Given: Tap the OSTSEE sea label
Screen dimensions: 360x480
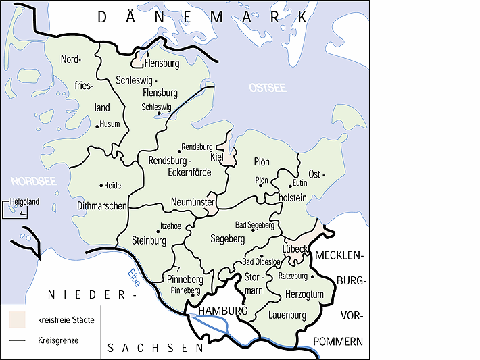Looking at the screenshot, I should pos(268,88).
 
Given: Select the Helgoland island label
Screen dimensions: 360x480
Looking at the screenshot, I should pos(24,201).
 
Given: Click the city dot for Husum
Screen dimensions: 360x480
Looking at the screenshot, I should pos(98,125).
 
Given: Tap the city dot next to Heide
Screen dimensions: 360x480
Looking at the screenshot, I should pos(101,185).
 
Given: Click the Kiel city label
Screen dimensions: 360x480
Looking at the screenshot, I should pos(217,157).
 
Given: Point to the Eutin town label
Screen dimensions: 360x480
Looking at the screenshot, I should pos(301,183).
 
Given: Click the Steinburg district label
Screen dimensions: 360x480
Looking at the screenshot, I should pos(149,240).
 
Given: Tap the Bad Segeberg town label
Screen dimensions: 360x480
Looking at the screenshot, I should pos(254,224).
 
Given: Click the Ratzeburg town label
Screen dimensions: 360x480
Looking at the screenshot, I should pos(293,276).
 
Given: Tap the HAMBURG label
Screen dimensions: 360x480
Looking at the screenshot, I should pos(220,310).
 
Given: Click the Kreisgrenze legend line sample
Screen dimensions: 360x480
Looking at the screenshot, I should pos(17,340).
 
